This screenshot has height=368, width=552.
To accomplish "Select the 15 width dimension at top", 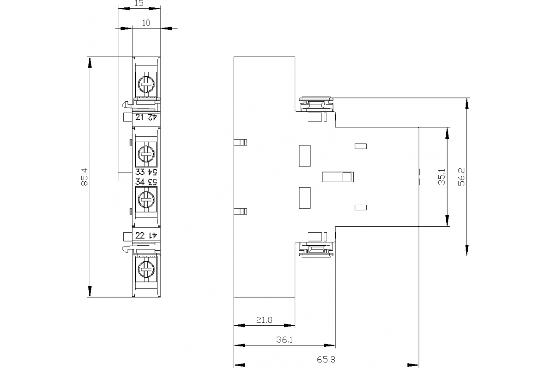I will click(x=139, y=4).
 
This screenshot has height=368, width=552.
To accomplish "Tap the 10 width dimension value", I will click(x=146, y=23).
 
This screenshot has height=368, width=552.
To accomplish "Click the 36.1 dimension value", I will click(x=284, y=340).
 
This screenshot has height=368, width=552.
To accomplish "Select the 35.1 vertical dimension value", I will click(x=442, y=177).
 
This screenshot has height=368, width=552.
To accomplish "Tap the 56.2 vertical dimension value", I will click(x=462, y=177).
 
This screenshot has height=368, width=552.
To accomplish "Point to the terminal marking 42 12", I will click(x=146, y=117).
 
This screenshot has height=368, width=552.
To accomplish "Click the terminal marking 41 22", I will click(x=146, y=236).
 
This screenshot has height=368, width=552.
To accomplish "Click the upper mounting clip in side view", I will click(x=316, y=105).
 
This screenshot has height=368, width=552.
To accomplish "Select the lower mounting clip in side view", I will click(x=316, y=248).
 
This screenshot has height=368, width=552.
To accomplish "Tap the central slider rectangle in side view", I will click(x=338, y=177).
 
